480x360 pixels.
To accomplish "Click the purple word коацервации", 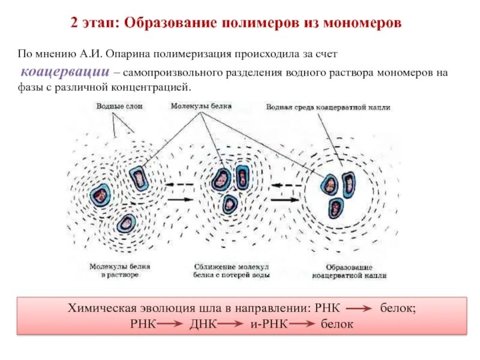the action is coord(65,72).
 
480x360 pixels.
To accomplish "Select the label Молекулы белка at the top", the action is coord(200,106).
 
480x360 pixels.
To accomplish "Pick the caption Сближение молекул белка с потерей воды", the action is coord(231,270).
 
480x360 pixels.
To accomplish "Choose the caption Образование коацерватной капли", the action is coord(350,271).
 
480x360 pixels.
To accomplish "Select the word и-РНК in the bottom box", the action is coord(269,324).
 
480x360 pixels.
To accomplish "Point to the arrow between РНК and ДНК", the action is coord(170,325).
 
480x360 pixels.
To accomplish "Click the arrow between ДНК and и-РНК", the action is coord(232,325).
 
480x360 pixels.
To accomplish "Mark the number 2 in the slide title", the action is coord(74,23).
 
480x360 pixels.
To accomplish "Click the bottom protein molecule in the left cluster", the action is coord(126,224).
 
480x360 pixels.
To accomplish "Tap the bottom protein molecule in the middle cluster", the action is coord(230,204).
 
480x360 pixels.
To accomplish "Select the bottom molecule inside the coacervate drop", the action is coord(336,208).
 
